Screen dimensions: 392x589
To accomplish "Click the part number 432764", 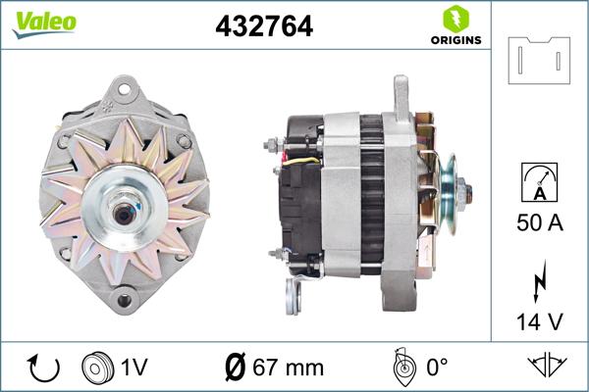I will [263, 27].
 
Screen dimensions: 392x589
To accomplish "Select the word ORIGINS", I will [454, 41].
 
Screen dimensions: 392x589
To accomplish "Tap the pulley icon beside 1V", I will [98, 367].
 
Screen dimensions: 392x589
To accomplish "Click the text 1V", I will [134, 368].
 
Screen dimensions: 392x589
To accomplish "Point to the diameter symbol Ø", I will [236, 367].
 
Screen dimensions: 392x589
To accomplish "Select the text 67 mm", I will [289, 368].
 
